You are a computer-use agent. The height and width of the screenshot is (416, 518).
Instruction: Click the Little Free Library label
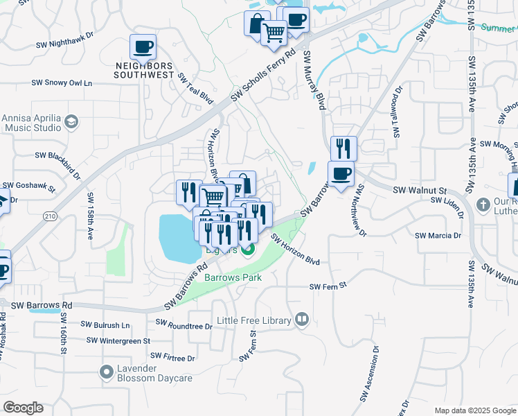(254, 320)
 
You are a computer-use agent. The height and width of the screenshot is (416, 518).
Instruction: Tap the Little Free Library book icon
(301, 320)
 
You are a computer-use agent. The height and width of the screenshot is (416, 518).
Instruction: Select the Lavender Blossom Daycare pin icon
(107, 372)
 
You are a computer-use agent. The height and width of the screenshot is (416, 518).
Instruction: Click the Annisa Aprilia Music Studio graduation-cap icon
(71, 123)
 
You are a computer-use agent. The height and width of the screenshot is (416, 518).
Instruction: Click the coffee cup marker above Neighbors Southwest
(143, 47)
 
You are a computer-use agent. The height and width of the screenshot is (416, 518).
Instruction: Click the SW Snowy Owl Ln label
(62, 83)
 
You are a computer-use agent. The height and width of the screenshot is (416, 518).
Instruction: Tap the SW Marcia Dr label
(438, 236)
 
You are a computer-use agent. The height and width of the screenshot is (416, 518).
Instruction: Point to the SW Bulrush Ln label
(105, 324)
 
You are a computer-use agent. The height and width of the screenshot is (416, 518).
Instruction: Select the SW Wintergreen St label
(118, 340)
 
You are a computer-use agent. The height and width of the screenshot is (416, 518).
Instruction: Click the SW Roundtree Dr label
(184, 324)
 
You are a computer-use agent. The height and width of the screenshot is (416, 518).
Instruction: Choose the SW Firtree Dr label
(172, 358)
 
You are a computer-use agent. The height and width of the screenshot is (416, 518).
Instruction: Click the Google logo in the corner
(23, 408)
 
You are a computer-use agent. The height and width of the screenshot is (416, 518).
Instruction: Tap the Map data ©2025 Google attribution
(474, 410)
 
